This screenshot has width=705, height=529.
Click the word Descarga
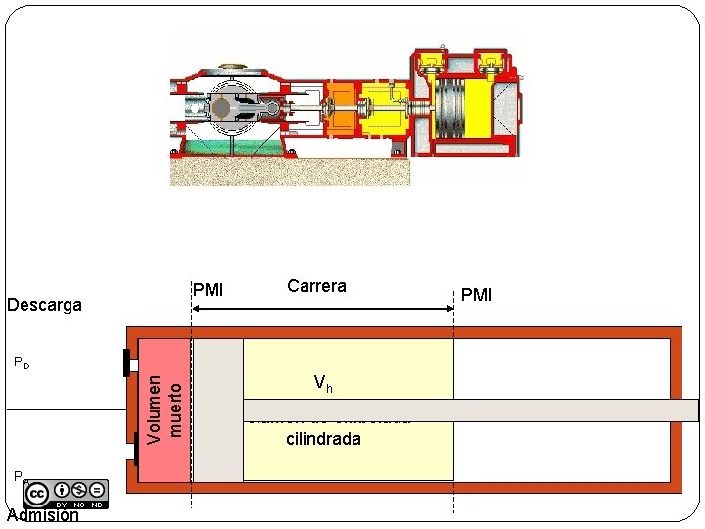[x=44, y=305]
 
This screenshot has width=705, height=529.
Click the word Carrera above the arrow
[x=316, y=286]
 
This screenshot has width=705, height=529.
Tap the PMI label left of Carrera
[x=209, y=290]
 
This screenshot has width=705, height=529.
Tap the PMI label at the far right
[x=476, y=295]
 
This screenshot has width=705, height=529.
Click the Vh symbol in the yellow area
[x=323, y=383]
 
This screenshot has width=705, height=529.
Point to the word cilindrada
[x=323, y=439]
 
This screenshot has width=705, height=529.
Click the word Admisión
[x=42, y=515]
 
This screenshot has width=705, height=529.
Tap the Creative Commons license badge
[x=67, y=493]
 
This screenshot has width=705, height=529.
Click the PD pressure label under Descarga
[x=22, y=363]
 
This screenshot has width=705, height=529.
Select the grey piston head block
[x=217, y=409]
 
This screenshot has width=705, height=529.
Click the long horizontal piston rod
[x=470, y=410]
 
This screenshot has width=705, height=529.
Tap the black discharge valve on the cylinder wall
[x=126, y=361]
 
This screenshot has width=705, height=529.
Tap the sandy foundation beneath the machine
[x=290, y=170]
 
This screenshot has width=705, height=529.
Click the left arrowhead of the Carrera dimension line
[x=196, y=309]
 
